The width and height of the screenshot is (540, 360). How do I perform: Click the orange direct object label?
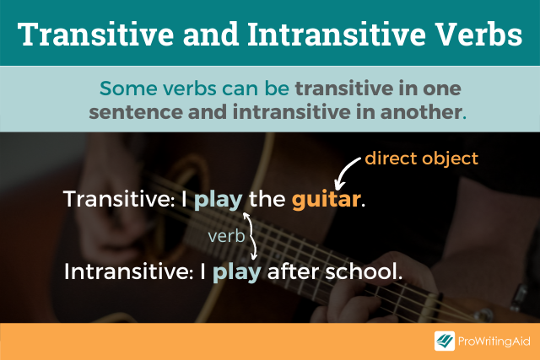pos(421,158)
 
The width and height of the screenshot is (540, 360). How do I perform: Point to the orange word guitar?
pos(327,200)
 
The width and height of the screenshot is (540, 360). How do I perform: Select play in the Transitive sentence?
pos(219,201)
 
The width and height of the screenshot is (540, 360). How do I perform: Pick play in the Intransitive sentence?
pos(237,272)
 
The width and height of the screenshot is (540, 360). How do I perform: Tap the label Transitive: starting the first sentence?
pos(121,200)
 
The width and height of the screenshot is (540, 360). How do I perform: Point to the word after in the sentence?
pos(291,272)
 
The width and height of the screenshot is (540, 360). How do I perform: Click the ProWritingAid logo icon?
pos(445,341)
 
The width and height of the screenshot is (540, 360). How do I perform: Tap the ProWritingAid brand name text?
pos(494,341)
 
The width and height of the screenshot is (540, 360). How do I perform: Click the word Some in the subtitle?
pos(124,88)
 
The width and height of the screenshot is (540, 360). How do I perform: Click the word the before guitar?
pos(268,200)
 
